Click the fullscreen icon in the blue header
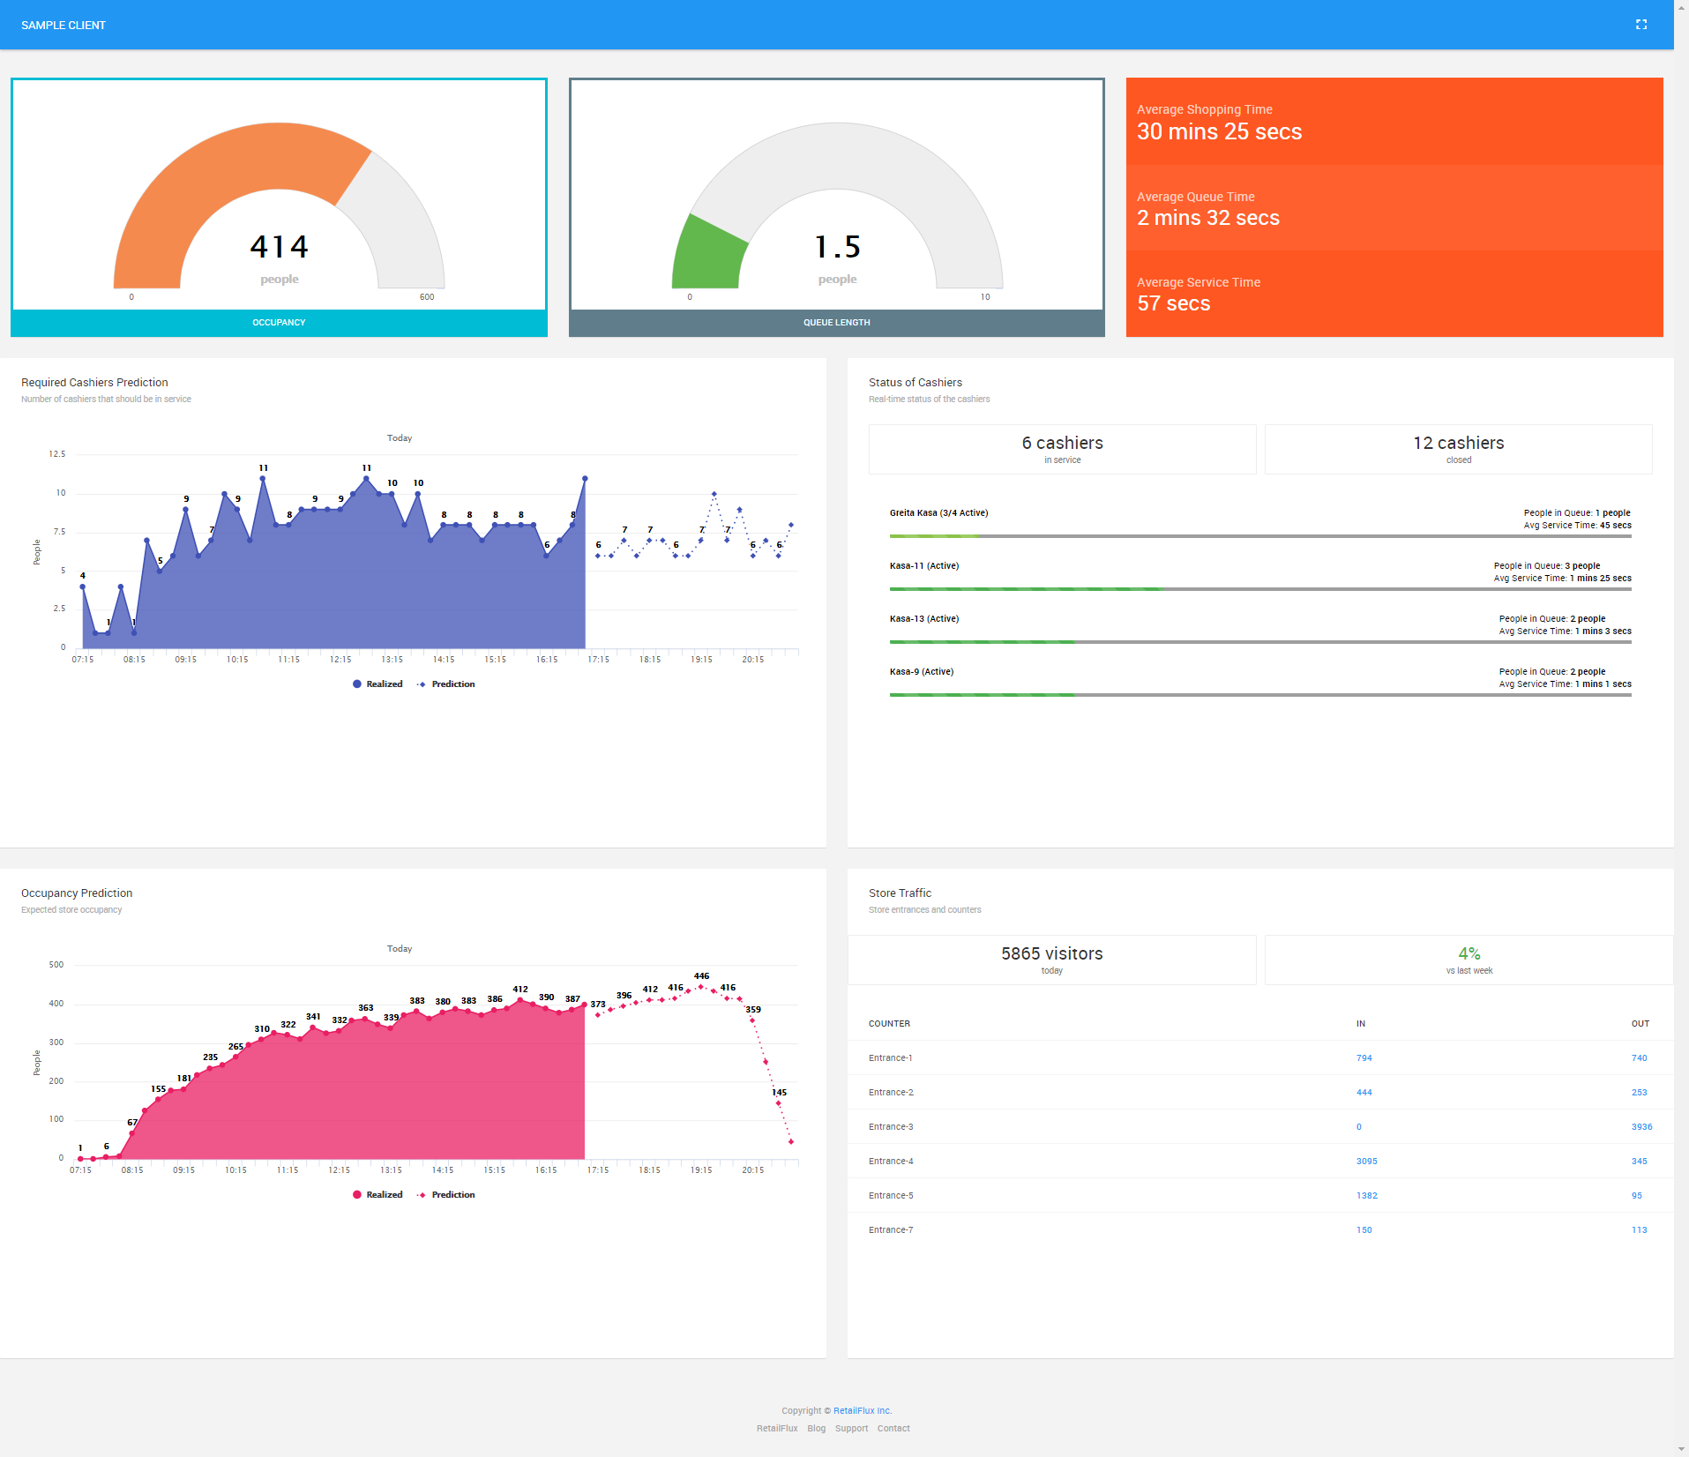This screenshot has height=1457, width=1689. pyautogui.click(x=1640, y=25)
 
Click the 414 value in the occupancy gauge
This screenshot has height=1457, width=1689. pyautogui.click(x=279, y=247)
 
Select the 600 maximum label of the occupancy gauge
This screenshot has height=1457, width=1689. pyautogui.click(x=427, y=297)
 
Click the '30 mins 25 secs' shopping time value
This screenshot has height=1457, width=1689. pyautogui.click(x=1219, y=131)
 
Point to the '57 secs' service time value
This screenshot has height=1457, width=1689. pyautogui.click(x=1173, y=303)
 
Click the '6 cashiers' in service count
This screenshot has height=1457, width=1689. pyautogui.click(x=1062, y=443)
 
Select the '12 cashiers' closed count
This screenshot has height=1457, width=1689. pyautogui.click(x=1458, y=443)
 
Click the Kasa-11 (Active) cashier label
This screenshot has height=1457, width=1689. pyautogui.click(x=923, y=566)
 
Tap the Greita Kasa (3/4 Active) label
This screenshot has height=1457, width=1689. pyautogui.click(x=938, y=513)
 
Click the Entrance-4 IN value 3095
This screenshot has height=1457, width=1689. pyautogui.click(x=1366, y=1162)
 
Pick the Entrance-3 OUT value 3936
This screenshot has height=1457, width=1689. pyautogui.click(x=1641, y=1127)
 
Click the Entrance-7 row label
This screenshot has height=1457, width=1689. pyautogui.click(x=891, y=1230)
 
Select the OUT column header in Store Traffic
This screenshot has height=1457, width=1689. pyautogui.click(x=1640, y=1024)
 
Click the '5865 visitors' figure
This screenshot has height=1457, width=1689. pyautogui.click(x=1051, y=953)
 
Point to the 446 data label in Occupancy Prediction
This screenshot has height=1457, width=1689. pyautogui.click(x=701, y=976)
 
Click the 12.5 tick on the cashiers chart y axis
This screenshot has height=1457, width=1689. pyautogui.click(x=57, y=454)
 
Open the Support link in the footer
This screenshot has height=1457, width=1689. pyautogui.click(x=851, y=1429)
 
